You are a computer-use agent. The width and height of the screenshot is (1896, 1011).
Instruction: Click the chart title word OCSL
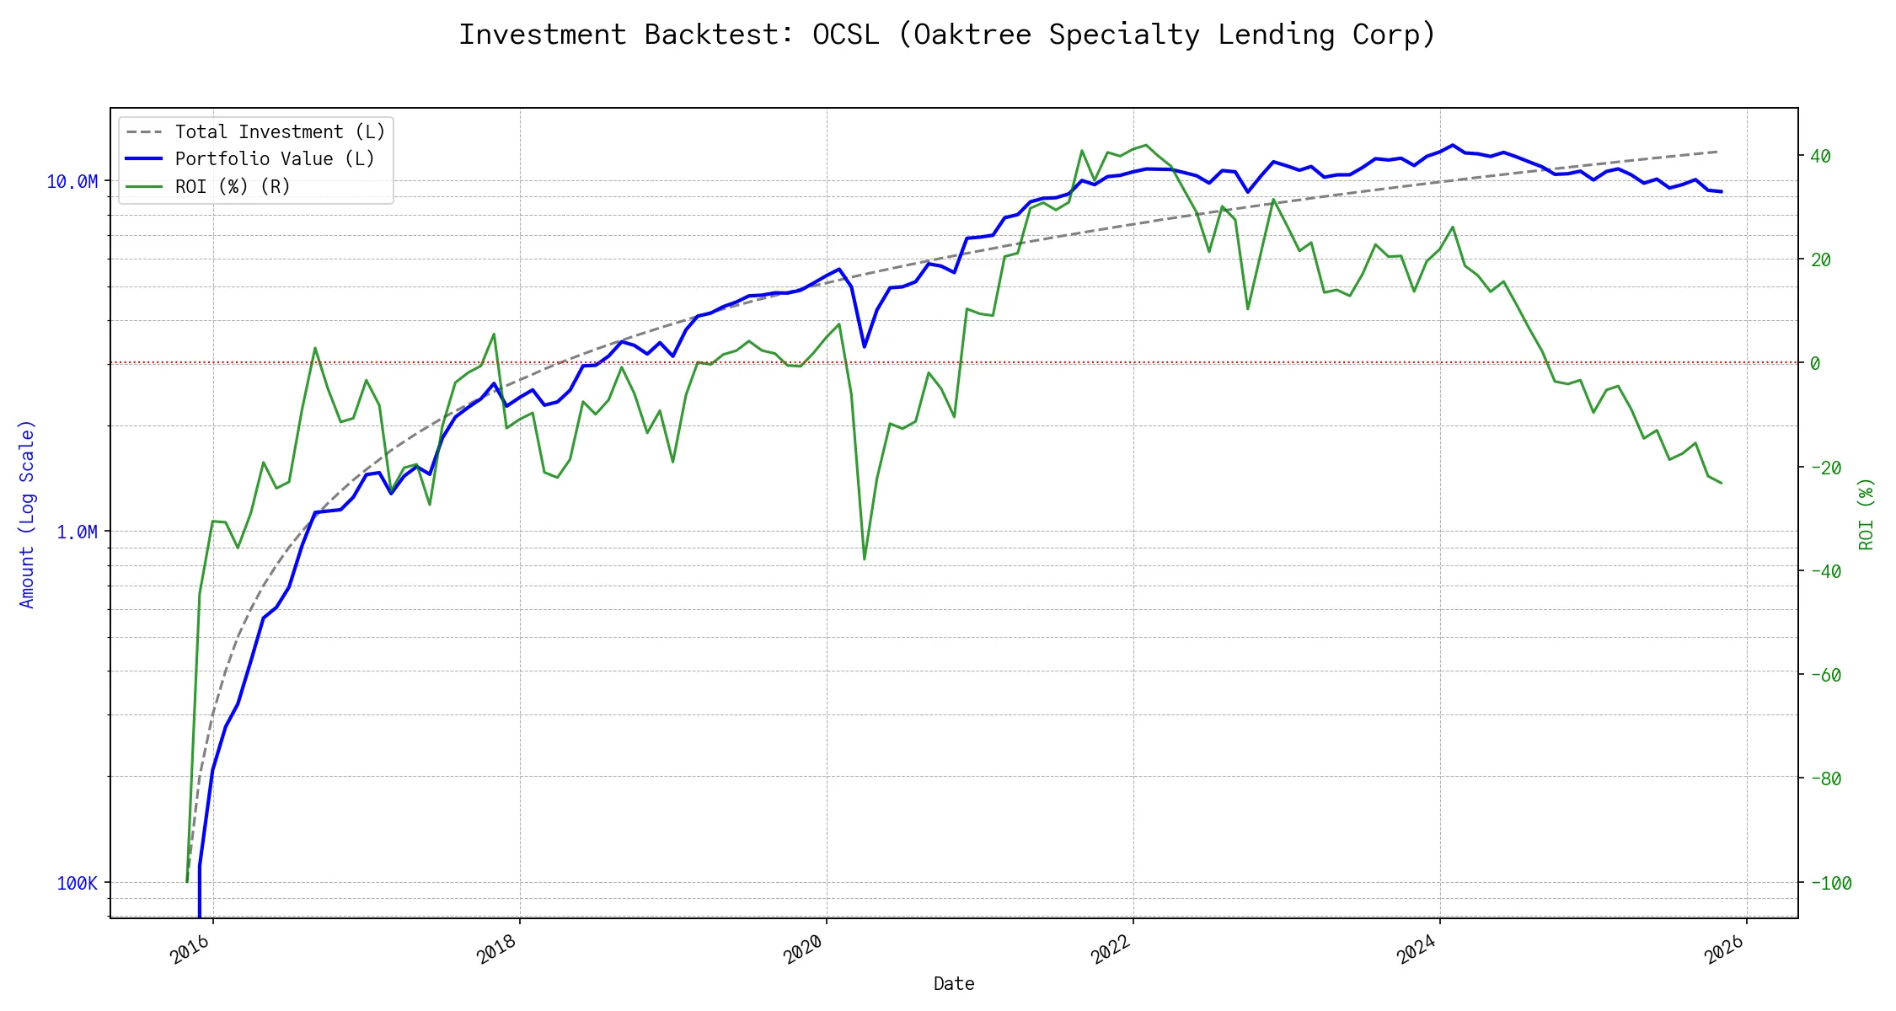pyautogui.click(x=845, y=35)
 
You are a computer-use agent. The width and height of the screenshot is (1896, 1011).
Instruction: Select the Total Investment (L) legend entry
pyautogui.click(x=279, y=132)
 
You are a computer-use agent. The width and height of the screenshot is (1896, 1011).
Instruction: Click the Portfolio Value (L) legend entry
pyautogui.click(x=274, y=159)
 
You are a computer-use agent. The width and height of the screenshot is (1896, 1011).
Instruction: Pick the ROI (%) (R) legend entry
pyautogui.click(x=232, y=187)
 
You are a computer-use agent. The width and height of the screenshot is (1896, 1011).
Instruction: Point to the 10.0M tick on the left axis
pyautogui.click(x=72, y=182)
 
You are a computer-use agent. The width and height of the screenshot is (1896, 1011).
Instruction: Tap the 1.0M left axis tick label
pyautogui.click(x=77, y=532)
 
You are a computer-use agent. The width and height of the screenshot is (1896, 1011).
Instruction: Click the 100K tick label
pyautogui.click(x=77, y=883)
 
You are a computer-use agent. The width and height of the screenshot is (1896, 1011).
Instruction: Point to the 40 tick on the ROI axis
pyautogui.click(x=1820, y=156)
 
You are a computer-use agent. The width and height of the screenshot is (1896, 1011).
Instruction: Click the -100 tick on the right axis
pyautogui.click(x=1830, y=883)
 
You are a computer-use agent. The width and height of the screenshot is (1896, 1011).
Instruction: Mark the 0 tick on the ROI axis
pyautogui.click(x=1815, y=363)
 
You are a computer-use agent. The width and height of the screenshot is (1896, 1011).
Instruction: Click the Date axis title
pyautogui.click(x=954, y=983)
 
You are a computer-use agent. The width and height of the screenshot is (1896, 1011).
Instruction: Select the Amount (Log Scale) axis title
pyautogui.click(x=27, y=514)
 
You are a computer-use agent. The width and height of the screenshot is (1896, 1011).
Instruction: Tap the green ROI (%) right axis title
pyautogui.click(x=1866, y=514)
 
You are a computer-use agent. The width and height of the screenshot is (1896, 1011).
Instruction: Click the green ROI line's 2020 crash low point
pyautogui.click(x=865, y=559)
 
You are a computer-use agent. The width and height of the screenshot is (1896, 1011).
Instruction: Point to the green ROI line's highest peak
pyautogui.click(x=1145, y=145)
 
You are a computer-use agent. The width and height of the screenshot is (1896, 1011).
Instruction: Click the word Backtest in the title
pyautogui.click(x=719, y=35)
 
